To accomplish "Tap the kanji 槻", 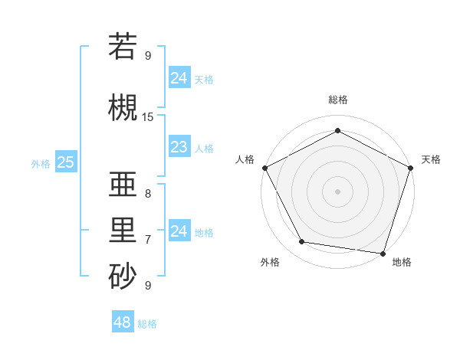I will [123, 108].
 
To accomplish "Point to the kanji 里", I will [123, 229].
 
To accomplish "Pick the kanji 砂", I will [123, 276].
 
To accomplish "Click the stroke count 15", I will [148, 117].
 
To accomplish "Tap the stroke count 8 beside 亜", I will [148, 194].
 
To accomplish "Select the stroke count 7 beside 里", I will [148, 240].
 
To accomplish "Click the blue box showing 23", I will [179, 147].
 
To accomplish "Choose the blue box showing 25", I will [66, 162].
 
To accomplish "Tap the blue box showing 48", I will [123, 322].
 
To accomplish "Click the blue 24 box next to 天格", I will [179, 77].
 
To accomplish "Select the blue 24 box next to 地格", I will [179, 231].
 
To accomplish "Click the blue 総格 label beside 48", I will [147, 324].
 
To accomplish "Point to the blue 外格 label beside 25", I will [41, 163].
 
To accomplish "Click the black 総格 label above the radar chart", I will [337, 100].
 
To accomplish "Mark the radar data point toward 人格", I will [264, 168].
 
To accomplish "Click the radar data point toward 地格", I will [383, 253].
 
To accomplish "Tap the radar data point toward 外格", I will [302, 242].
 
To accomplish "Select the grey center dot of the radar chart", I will [337, 191].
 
